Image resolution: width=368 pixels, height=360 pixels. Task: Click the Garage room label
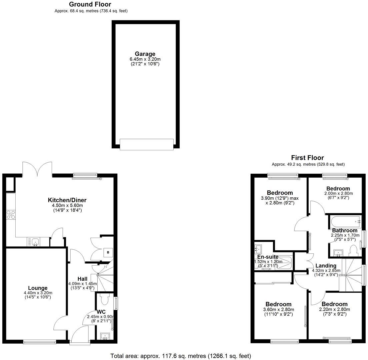145,54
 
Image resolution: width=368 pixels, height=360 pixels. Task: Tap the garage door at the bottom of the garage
146,144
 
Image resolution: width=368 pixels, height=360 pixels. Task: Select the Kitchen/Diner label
67,200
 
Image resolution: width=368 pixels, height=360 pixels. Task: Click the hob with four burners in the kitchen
11,215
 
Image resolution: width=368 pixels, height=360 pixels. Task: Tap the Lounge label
37,288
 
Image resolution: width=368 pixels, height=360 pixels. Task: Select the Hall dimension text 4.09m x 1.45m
82,284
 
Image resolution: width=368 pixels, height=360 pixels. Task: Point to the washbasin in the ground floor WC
105,336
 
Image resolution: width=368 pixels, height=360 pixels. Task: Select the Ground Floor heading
90,4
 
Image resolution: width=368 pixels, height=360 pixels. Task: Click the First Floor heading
307,158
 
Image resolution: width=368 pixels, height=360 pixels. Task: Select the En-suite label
268,257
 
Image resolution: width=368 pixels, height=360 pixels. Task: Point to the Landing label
326,266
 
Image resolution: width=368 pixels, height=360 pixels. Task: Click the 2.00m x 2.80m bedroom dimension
338,193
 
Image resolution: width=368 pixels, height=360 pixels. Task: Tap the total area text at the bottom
181,356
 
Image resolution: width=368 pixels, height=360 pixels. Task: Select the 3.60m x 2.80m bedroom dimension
278,309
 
